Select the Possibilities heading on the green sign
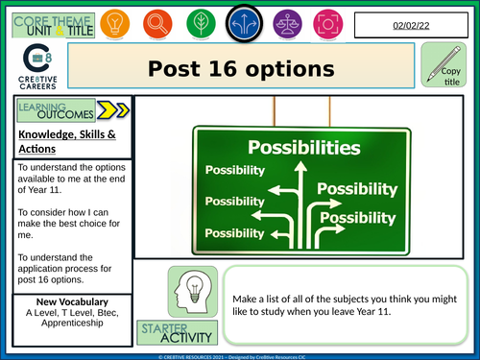pos(298,149)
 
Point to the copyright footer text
pos(240,355)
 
